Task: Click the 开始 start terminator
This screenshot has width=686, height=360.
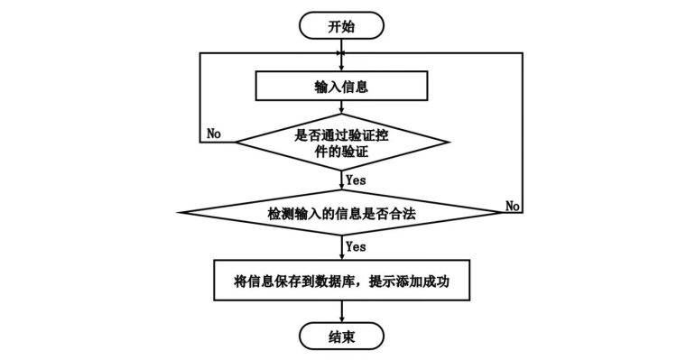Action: (x=341, y=25)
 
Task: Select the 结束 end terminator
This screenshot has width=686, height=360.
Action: (x=341, y=336)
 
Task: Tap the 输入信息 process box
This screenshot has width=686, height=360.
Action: (x=341, y=87)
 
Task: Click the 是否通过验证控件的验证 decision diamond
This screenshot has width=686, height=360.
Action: (x=342, y=142)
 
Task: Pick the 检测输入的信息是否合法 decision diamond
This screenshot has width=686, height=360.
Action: (x=342, y=213)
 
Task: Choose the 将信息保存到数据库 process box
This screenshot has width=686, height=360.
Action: (x=342, y=280)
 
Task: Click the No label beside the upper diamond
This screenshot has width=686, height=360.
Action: (x=214, y=134)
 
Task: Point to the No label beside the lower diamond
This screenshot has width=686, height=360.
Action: (x=513, y=205)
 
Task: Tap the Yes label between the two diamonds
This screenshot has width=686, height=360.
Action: (x=356, y=180)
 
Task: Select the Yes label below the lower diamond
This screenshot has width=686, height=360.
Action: (x=356, y=246)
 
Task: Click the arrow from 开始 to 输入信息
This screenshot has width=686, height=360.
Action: (x=342, y=55)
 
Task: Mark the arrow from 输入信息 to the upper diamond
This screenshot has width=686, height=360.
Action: (x=342, y=107)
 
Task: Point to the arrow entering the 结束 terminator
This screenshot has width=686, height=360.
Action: (x=342, y=311)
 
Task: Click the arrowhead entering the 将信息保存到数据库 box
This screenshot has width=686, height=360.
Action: (x=342, y=256)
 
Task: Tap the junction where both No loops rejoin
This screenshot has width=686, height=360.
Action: (x=342, y=53)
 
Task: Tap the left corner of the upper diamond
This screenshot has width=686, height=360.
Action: (x=236, y=142)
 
